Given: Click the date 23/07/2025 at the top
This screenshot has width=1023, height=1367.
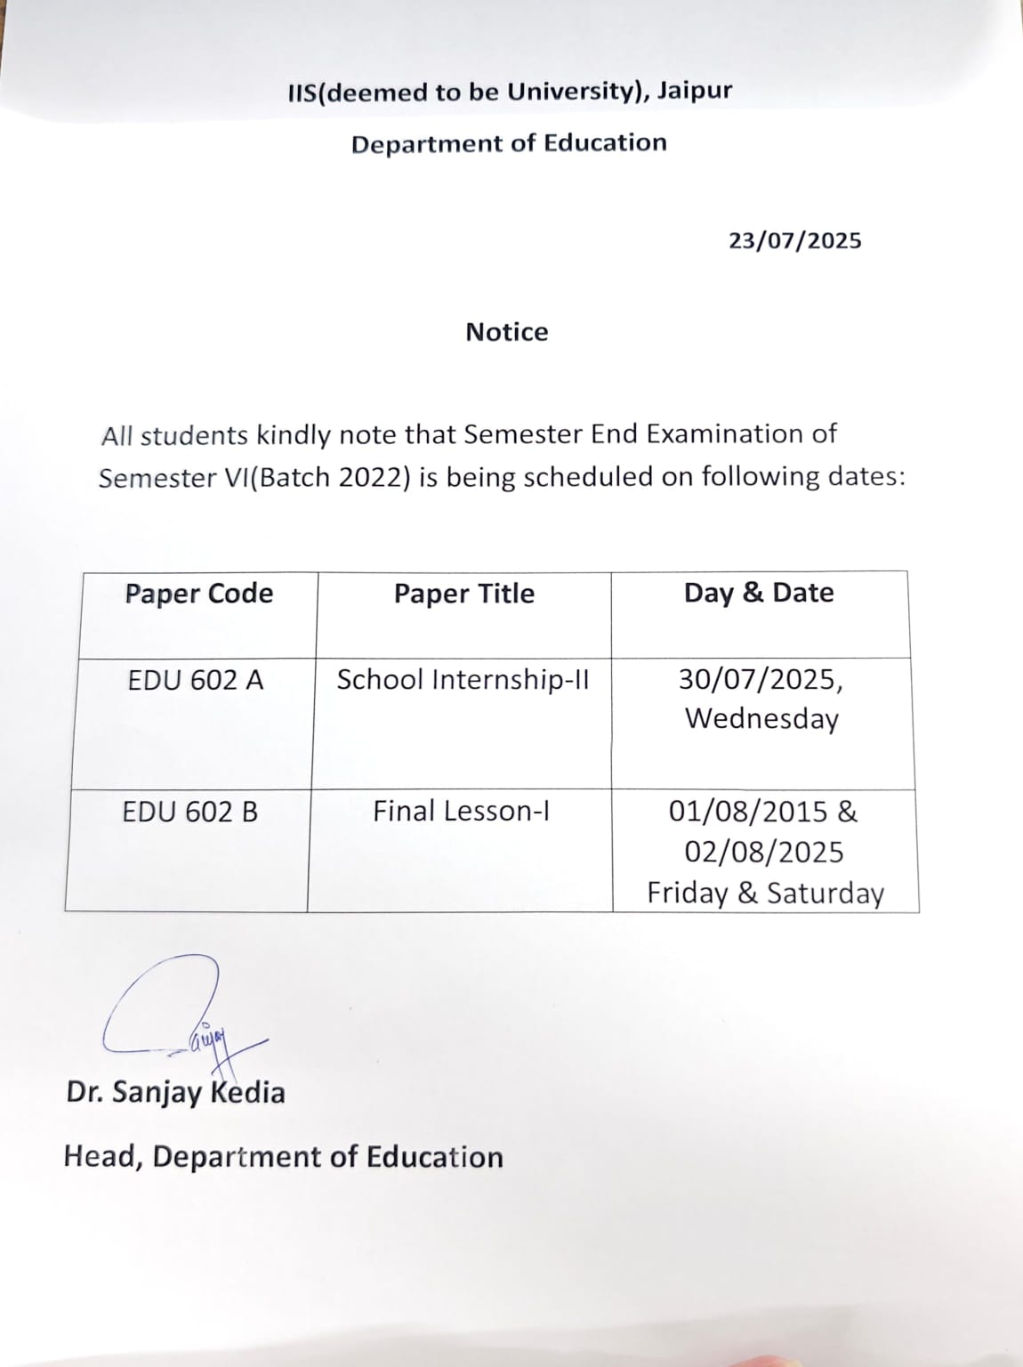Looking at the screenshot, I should tap(795, 241).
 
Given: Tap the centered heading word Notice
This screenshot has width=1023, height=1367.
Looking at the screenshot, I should tap(507, 332).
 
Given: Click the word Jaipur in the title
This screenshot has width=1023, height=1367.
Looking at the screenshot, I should tap(695, 91).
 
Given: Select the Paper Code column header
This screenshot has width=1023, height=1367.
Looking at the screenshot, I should tap(198, 594).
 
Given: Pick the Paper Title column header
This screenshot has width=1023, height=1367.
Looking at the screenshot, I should tap(464, 594).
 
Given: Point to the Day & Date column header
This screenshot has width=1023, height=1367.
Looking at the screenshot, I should tap(759, 593).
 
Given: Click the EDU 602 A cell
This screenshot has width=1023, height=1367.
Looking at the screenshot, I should tap(196, 681).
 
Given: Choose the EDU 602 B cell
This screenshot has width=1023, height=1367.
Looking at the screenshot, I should tap(190, 812).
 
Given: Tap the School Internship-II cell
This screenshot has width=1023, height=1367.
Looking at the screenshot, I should tap(463, 680).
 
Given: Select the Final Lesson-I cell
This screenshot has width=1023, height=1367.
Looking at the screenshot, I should tap(461, 812).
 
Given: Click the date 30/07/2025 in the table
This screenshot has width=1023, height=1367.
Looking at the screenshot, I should tap(759, 680).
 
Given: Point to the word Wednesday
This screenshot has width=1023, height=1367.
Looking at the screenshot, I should tap(761, 719).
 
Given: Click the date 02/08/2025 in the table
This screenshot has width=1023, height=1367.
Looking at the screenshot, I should tap(763, 852).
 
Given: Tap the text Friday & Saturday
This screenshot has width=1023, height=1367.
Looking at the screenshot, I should tap(765, 893).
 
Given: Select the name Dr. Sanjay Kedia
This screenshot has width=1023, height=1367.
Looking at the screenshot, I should tap(175, 1092).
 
